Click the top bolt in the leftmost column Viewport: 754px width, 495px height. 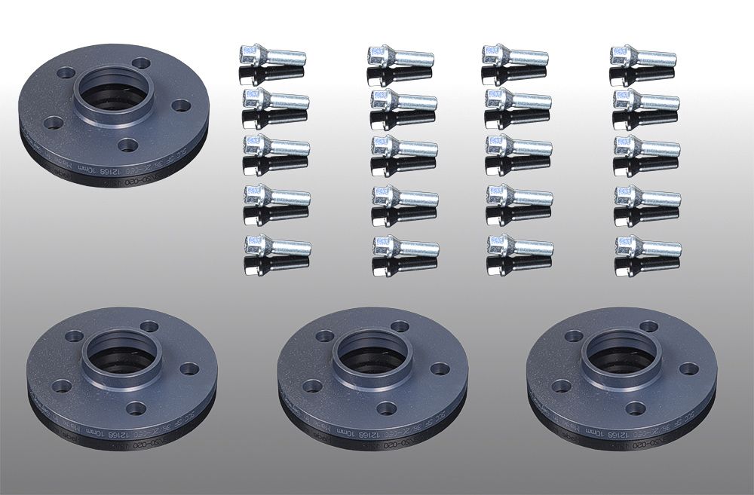[272, 56]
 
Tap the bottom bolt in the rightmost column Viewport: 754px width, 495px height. [648, 246]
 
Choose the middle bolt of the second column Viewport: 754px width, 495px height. [403, 148]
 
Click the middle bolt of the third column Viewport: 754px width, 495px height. [519, 147]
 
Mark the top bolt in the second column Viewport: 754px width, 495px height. [400, 56]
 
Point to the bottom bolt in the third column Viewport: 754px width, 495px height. [520, 246]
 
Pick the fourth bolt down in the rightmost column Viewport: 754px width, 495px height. [647, 198]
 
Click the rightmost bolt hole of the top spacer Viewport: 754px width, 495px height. [180, 105]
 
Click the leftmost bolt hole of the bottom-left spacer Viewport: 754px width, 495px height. [62, 386]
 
